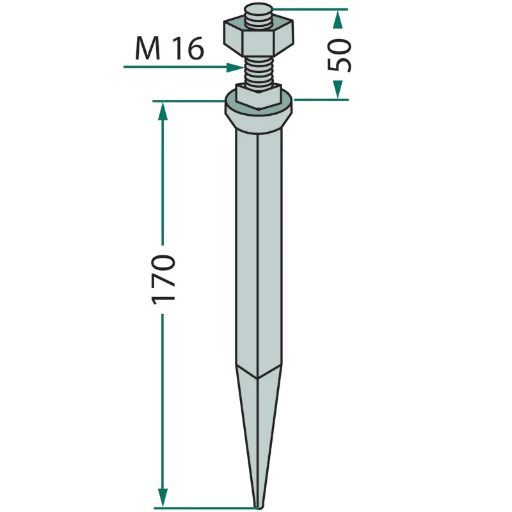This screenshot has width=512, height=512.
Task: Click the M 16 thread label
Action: point(169,49)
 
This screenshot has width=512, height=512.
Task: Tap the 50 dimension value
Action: point(339,55)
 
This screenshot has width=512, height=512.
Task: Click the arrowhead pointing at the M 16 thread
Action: point(235,66)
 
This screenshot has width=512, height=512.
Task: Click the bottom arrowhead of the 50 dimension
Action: point(338,90)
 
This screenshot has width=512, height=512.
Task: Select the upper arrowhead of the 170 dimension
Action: point(163,112)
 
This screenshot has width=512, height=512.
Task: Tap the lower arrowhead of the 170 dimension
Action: point(163,497)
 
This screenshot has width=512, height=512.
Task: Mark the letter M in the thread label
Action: point(147,49)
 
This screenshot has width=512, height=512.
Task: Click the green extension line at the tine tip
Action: point(205,508)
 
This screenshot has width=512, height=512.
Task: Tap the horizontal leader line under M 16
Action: point(173,66)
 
